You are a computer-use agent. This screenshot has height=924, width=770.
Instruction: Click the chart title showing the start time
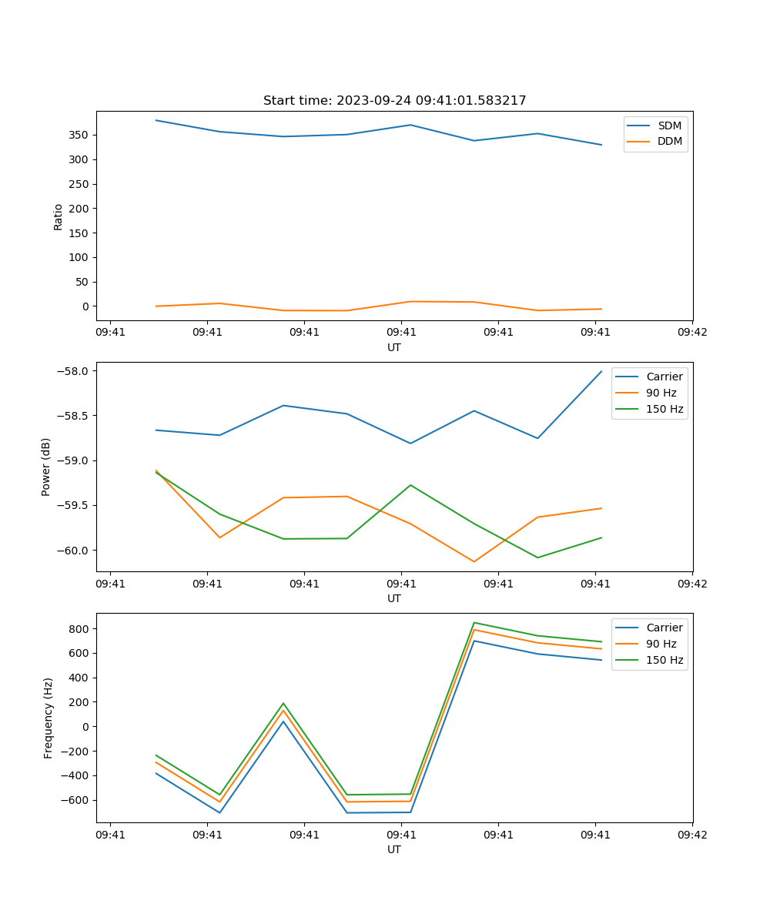(394, 101)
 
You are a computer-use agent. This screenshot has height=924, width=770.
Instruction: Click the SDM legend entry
(669, 126)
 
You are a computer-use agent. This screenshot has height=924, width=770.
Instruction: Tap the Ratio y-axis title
(59, 216)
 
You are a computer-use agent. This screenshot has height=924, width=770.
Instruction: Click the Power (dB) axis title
(46, 467)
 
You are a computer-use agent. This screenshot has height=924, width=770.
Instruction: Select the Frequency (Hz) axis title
(49, 718)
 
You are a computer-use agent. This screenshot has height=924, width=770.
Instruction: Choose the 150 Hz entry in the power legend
(665, 409)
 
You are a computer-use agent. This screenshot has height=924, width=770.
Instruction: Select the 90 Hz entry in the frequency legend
(661, 644)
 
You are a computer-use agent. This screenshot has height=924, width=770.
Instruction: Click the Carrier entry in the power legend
(664, 377)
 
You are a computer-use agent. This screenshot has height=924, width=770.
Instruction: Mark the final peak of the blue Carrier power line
(601, 371)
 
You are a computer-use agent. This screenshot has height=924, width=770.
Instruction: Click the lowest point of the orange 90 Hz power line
(474, 561)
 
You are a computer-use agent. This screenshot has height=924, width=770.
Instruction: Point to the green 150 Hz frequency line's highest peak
(474, 622)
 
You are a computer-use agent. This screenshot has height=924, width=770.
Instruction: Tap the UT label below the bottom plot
(394, 849)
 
